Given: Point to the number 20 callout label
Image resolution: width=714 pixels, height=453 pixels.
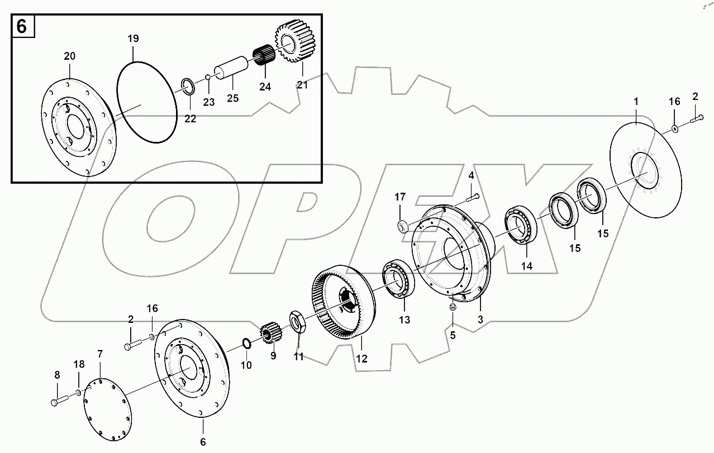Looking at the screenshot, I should tap(69, 56).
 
